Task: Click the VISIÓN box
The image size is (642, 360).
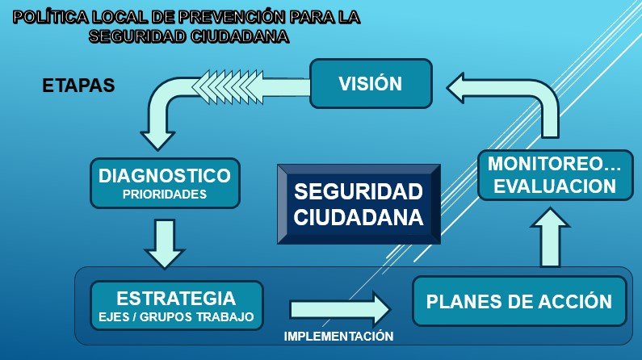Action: tap(371, 83)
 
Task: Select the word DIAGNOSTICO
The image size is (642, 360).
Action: tap(165, 175)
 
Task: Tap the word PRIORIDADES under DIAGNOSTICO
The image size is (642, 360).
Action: tap(165, 194)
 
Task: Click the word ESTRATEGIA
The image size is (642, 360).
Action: tap(176, 298)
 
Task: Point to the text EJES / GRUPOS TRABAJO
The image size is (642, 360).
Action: tap(176, 316)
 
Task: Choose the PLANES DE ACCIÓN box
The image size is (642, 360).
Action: tap(519, 301)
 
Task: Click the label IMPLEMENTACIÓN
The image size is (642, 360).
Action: tap(338, 337)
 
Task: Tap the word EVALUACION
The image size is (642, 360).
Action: tap(555, 186)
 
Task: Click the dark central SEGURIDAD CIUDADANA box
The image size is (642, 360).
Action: tap(359, 204)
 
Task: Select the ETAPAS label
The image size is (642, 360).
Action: tap(78, 86)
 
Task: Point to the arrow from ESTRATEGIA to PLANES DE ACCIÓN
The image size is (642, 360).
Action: tap(340, 309)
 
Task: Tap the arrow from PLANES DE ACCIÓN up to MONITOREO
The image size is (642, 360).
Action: tap(550, 237)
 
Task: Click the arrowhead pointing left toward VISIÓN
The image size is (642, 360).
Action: tap(455, 87)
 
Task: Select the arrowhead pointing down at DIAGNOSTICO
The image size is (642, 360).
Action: tap(157, 140)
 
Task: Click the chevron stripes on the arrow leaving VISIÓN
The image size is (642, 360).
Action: tap(227, 87)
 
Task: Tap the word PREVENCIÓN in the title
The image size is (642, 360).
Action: tap(232, 17)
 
